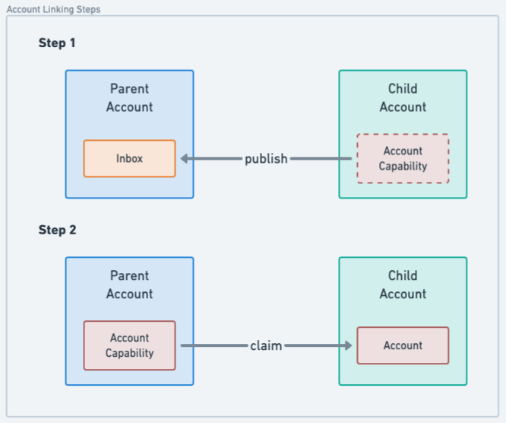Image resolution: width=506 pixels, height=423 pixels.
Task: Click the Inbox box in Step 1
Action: coord(129,158)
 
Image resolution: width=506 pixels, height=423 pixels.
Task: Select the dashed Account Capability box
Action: coord(403,158)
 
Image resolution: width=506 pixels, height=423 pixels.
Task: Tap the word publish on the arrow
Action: coord(266,159)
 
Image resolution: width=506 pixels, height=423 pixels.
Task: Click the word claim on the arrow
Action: coord(266,345)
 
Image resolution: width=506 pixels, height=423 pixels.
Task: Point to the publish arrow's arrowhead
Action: coord(185,159)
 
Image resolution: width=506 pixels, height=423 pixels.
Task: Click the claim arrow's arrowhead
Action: coord(348,345)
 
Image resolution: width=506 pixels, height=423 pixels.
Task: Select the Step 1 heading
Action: coord(57,43)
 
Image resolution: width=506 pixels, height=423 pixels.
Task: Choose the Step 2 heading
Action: coord(57,230)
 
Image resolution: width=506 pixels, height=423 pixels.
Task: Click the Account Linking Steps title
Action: coord(53,10)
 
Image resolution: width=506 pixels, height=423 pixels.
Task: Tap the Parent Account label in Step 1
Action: coord(129,98)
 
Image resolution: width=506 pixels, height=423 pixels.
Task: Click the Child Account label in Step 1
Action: coord(403,98)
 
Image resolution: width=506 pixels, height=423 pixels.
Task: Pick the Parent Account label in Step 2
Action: coord(129,285)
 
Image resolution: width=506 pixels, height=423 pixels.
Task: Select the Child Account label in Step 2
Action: coord(403,285)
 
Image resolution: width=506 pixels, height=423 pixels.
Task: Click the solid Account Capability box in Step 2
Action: coord(129,345)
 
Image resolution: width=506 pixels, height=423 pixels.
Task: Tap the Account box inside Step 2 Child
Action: coord(403,345)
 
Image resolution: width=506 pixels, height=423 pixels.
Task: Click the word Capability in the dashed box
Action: coord(403,166)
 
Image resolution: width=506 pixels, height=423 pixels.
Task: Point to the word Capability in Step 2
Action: coord(129,353)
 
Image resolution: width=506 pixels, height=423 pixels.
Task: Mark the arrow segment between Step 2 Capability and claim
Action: coord(213,345)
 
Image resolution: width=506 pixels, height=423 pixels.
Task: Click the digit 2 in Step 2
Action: coord(72,230)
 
